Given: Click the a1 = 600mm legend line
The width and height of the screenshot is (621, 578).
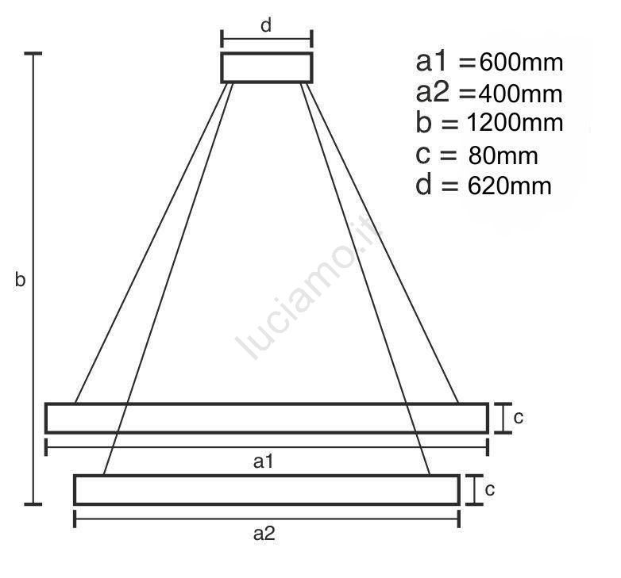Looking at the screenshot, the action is [489, 62].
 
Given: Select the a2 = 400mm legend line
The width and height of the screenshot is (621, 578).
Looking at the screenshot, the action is [489, 94].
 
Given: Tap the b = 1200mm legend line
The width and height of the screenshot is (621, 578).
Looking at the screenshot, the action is [489, 122].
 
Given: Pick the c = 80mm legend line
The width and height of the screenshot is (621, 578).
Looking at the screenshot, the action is [476, 155].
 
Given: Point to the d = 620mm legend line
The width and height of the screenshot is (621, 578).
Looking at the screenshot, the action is [483, 185].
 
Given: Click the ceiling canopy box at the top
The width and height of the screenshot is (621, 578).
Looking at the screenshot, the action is [267, 67].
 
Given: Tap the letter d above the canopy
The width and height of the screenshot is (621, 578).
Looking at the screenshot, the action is [266, 25].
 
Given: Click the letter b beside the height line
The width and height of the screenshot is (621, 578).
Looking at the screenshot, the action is [20, 279].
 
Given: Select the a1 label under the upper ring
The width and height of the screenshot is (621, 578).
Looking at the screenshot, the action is [263, 461].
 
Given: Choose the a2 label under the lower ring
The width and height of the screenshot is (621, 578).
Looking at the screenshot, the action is [264, 534].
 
